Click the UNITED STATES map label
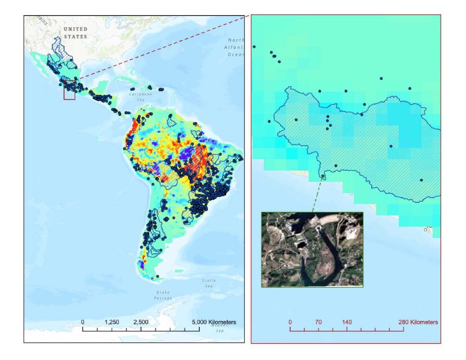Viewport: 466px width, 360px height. click(75, 33)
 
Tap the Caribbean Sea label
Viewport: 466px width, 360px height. click(140, 96)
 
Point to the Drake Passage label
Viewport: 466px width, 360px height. click(163, 295)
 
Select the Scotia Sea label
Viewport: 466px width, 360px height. click(208, 283)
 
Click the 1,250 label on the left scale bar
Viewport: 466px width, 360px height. click(112, 322)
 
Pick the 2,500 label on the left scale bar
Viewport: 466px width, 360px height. click(141, 322)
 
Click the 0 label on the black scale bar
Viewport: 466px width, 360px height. click(83, 322)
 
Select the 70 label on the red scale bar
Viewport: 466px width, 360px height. click(318, 322)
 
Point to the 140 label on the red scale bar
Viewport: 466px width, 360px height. click(347, 322)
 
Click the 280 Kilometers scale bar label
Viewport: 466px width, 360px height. click(416, 322)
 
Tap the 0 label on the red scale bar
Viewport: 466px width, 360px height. click(290, 322)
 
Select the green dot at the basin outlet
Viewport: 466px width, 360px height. click(323, 177)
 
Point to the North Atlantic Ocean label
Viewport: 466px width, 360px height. click(235, 47)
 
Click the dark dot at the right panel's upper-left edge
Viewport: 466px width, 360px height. click(254, 47)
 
